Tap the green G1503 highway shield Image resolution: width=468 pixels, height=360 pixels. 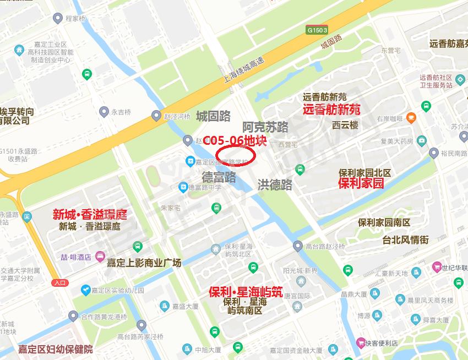tap(318, 30)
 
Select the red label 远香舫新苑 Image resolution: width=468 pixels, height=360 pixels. tap(331, 109)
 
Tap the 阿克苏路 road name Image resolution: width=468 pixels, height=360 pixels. tap(266, 127)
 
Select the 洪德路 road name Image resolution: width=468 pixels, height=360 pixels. tap(275, 185)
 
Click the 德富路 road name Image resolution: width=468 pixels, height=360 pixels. tap(219, 177)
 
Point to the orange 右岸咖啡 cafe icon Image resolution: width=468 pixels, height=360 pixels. tap(411, 118)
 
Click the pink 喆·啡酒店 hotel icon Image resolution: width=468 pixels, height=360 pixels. tap(100, 257)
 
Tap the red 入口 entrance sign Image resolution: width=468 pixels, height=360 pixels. tap(60, 282)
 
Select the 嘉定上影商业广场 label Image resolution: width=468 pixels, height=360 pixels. tap(144, 263)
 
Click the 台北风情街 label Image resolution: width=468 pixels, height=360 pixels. tap(405, 240)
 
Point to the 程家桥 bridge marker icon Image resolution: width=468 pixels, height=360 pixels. tap(57, 19)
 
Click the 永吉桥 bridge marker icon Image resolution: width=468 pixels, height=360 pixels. tap(104, 112)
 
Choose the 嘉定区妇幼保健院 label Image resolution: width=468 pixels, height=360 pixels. tap(55, 349)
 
